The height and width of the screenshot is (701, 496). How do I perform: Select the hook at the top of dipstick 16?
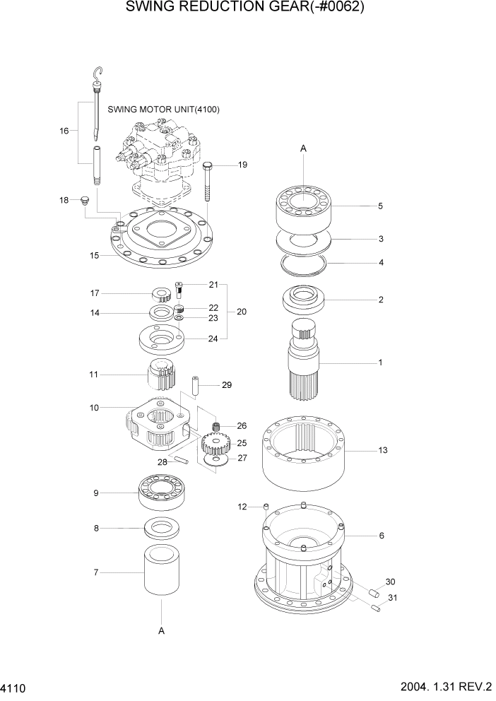(x=100, y=73)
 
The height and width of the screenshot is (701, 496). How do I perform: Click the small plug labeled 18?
(x=85, y=201)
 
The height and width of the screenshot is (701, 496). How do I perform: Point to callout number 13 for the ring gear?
(x=383, y=450)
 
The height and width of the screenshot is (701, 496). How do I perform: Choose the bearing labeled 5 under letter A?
(x=303, y=205)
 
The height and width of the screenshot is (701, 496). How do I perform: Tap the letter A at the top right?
(x=303, y=148)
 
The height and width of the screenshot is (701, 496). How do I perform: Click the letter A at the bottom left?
(x=161, y=631)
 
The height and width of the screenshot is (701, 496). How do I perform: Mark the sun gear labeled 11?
(x=163, y=374)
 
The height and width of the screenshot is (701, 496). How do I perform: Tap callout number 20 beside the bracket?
(x=242, y=312)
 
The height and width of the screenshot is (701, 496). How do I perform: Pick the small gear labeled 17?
(x=162, y=294)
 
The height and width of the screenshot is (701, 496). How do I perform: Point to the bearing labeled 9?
(x=162, y=490)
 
